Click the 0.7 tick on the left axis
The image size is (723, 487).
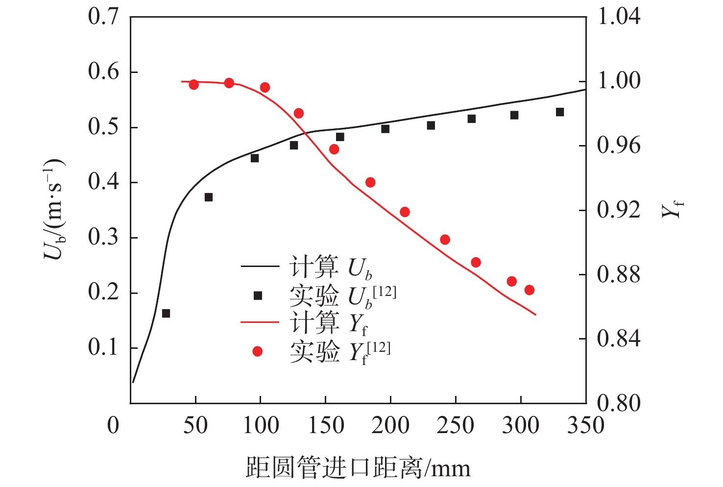tap(103, 17)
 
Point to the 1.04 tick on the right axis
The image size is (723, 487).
tap(619, 17)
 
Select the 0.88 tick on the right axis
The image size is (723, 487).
tap(619, 274)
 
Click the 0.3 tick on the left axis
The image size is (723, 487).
tap(103, 237)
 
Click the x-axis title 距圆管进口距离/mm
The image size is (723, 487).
tap(358, 468)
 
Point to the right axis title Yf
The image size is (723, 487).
tap(672, 210)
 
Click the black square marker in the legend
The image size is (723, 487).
tap(258, 295)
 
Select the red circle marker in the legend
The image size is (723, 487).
tap(257, 351)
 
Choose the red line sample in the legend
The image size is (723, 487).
tap(260, 323)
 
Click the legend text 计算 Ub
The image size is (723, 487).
tap(331, 268)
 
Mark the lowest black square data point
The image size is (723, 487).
tap(166, 314)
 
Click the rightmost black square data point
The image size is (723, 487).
tap(560, 112)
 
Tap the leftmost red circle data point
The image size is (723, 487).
tap(193, 85)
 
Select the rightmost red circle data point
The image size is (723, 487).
tap(529, 290)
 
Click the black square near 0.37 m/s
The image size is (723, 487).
tap(209, 197)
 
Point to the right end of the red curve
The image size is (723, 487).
tap(536, 315)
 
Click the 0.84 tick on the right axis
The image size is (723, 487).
tap(619, 339)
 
